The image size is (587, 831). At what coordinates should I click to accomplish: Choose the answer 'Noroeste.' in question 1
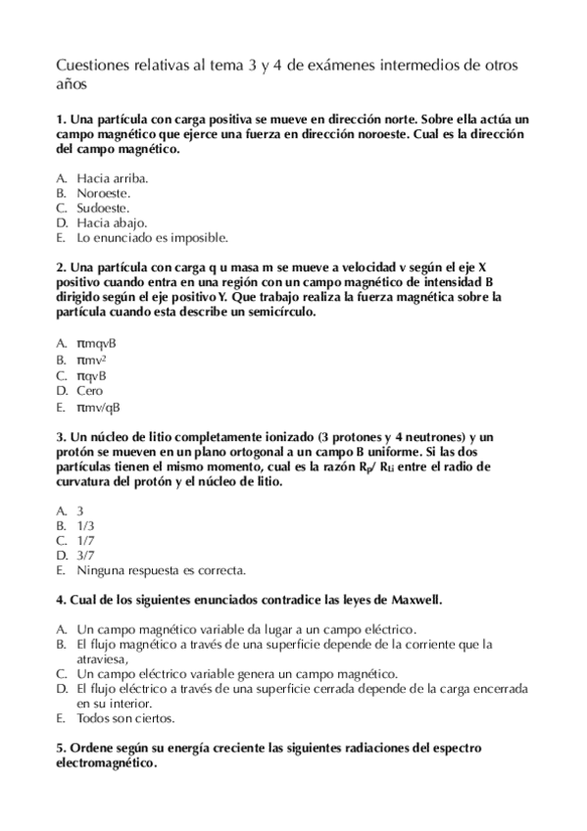[106, 193]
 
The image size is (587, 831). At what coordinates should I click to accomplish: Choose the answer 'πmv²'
[91, 360]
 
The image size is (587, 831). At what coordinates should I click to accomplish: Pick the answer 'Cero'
[89, 391]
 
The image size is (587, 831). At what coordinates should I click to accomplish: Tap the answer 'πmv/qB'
[98, 407]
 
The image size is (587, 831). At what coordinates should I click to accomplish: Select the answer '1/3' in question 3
[84, 525]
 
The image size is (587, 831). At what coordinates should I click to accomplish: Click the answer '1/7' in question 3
[84, 540]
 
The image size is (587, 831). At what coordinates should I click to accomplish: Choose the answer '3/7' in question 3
[84, 555]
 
